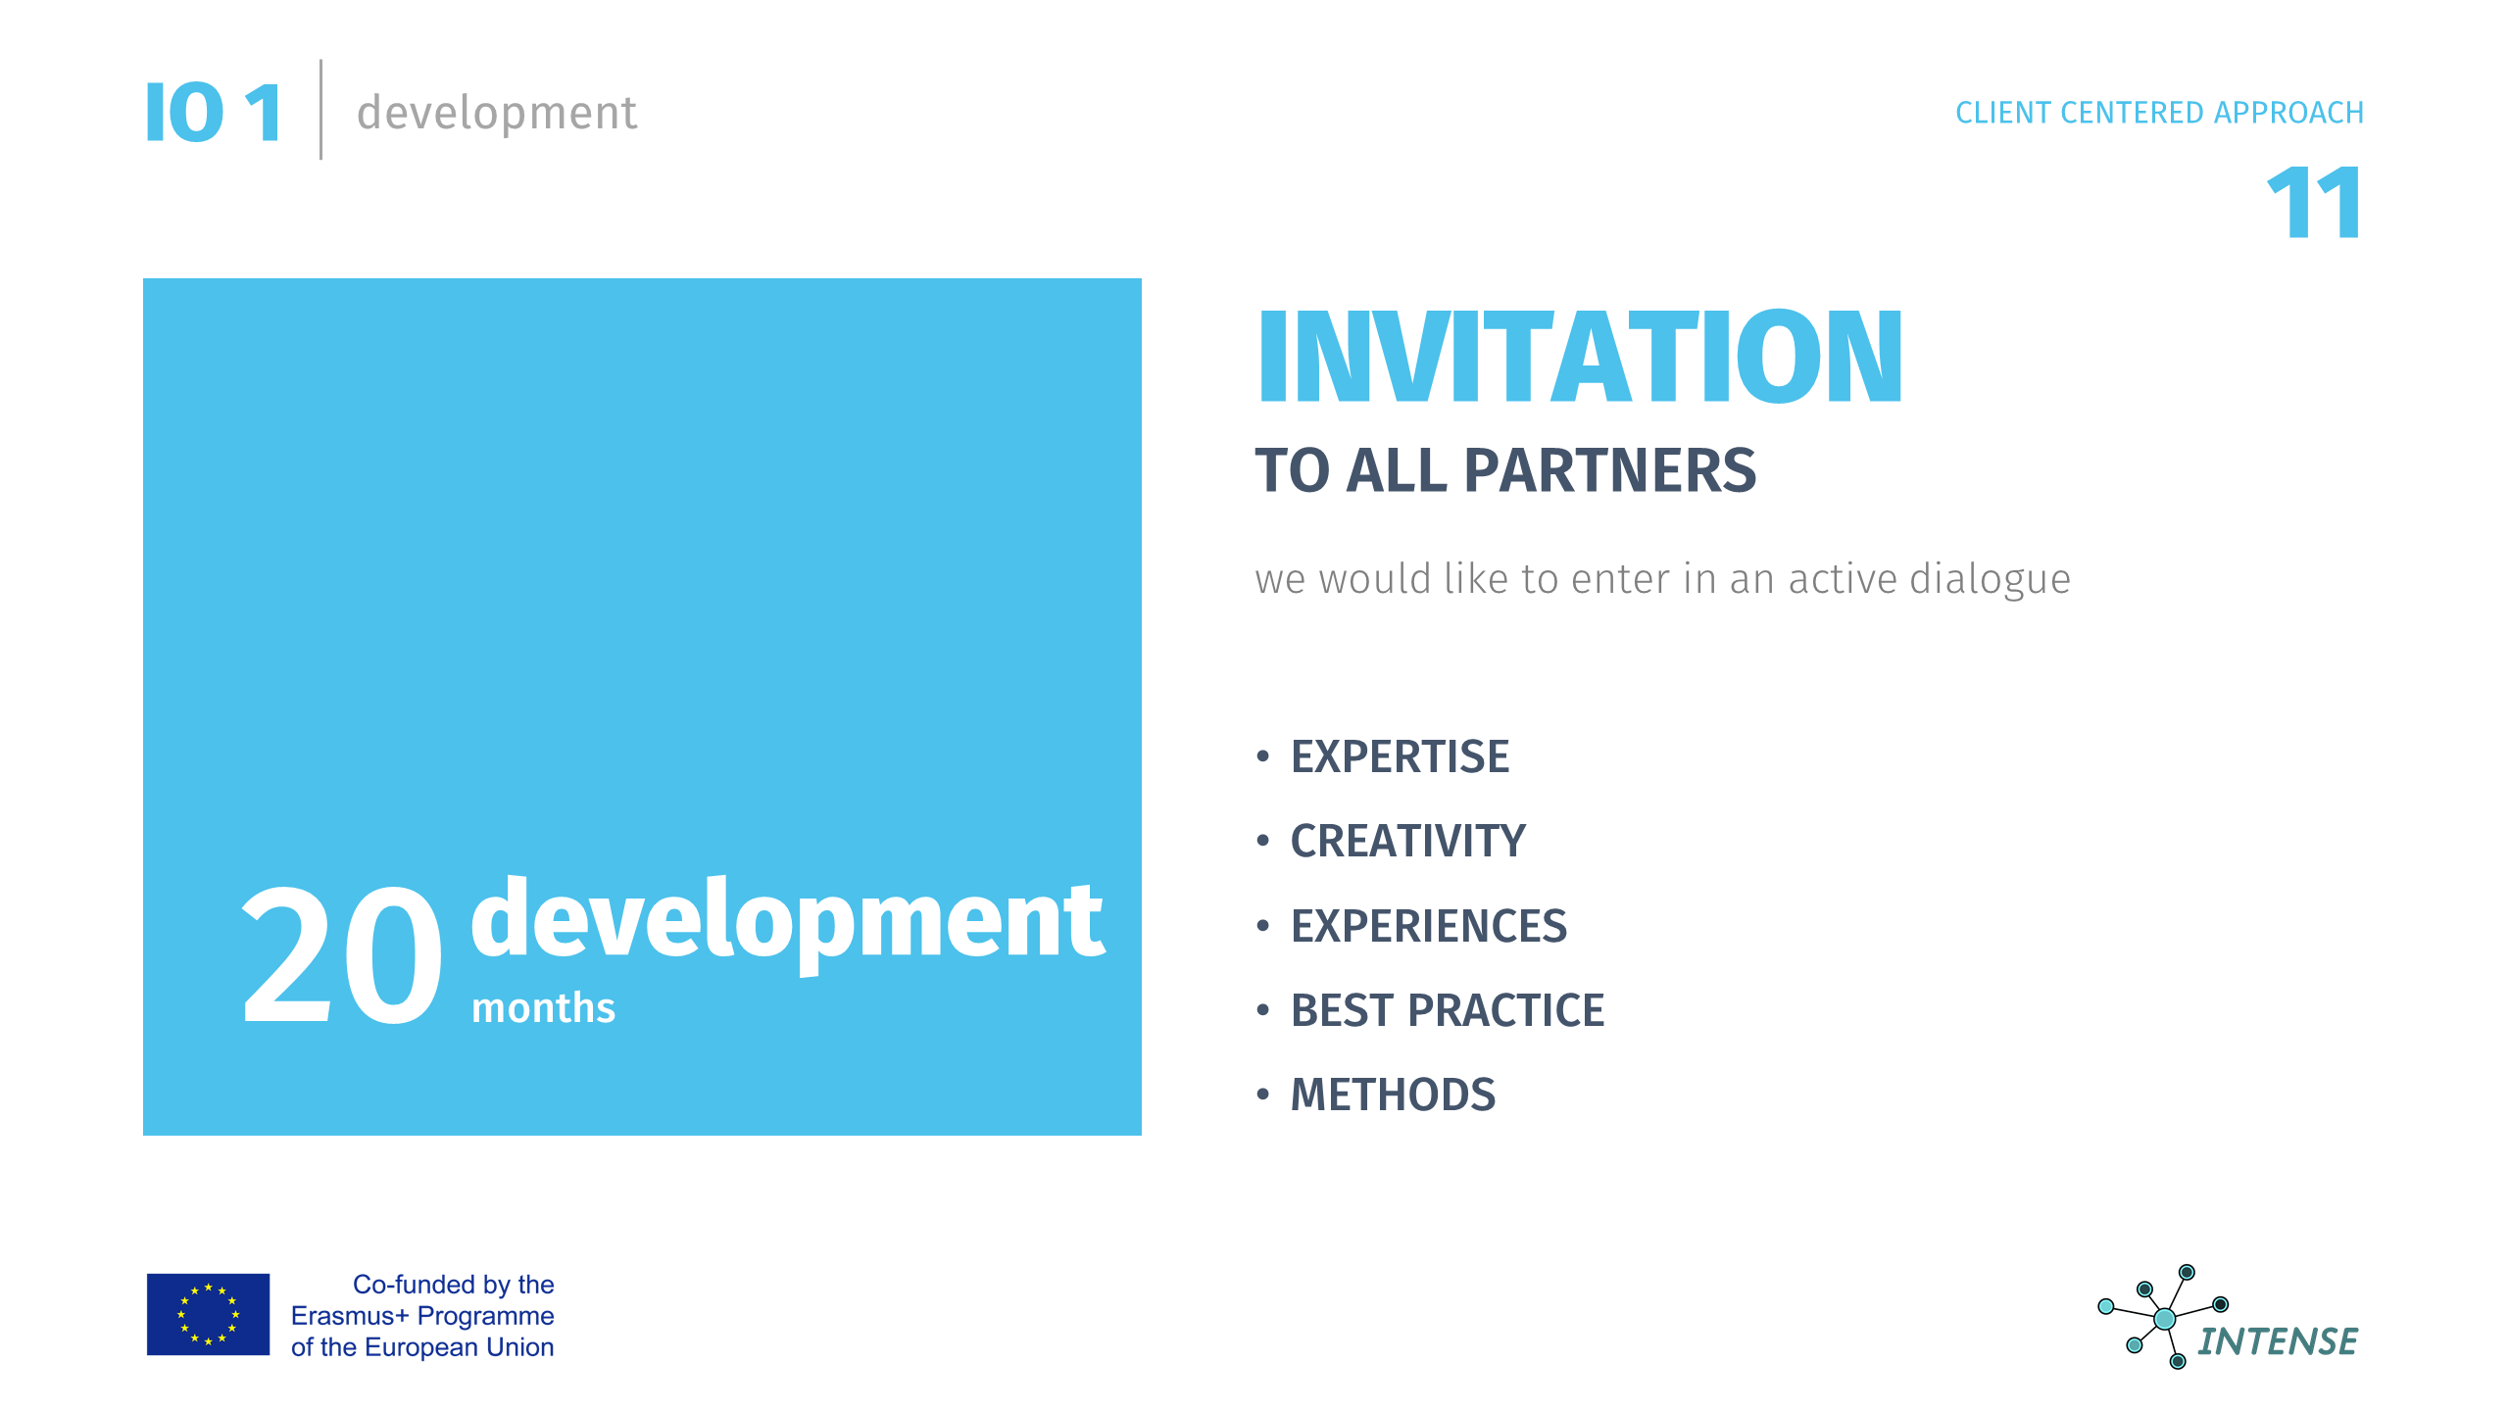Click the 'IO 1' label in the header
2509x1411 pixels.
[x=214, y=113]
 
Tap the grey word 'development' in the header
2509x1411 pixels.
[x=497, y=113]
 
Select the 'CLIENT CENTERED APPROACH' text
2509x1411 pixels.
[x=2159, y=113]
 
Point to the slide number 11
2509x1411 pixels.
[x=2314, y=203]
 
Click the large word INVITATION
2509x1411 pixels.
[x=1581, y=356]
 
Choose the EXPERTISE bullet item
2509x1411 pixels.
[x=1400, y=756]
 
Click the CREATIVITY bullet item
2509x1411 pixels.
[x=1407, y=841]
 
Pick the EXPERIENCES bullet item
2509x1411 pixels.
[x=1429, y=926]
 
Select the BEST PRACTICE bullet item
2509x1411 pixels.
[x=1448, y=1010]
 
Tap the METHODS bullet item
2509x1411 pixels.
[x=1393, y=1095]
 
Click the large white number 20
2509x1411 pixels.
[x=342, y=953]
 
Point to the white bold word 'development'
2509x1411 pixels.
[x=788, y=921]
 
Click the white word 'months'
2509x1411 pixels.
[x=544, y=1008]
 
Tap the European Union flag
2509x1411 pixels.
[x=208, y=1314]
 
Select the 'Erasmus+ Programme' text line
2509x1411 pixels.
[x=422, y=1316]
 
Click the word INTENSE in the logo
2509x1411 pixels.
[x=2278, y=1341]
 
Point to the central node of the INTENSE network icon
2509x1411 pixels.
[x=2165, y=1319]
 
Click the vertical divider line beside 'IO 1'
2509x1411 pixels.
[x=320, y=109]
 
